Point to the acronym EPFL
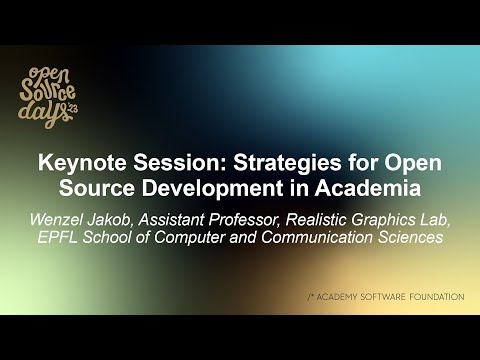pyautogui.click(x=56, y=237)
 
